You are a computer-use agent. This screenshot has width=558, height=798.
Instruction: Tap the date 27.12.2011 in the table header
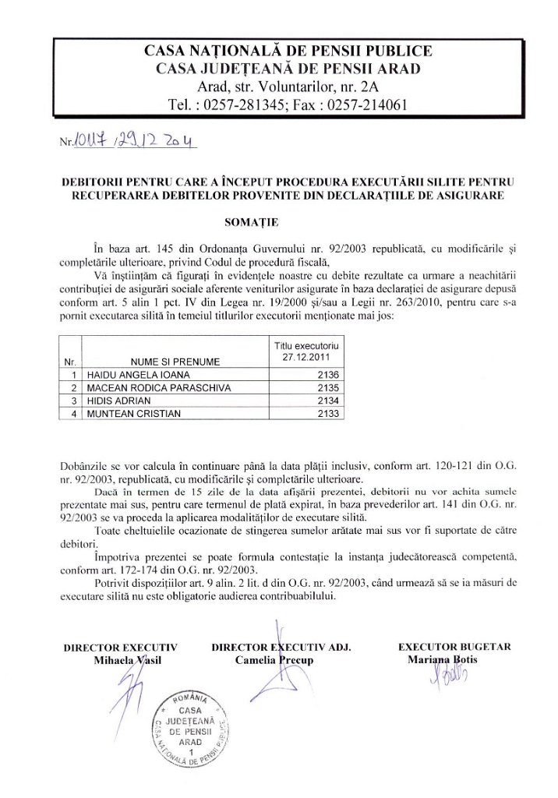[307, 358]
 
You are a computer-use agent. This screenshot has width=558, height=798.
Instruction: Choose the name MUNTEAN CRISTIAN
[124, 413]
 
